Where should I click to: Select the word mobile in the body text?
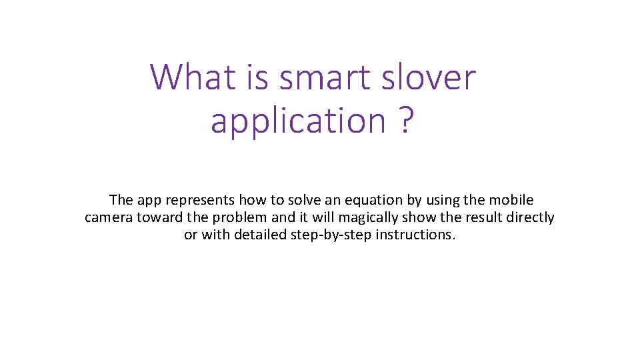click(x=511, y=200)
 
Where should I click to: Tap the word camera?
click(x=109, y=217)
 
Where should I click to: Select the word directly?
click(x=531, y=217)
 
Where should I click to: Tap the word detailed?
click(x=261, y=235)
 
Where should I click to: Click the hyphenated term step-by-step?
click(x=331, y=235)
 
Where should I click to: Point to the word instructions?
click(x=415, y=235)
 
